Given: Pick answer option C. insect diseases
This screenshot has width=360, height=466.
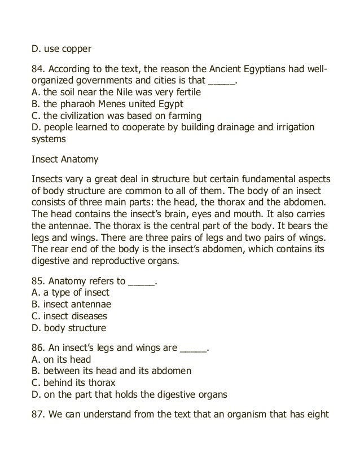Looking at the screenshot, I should coord(69,316).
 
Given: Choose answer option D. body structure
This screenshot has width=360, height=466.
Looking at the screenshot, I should coord(69,328).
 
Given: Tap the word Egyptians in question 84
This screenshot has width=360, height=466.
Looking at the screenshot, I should coord(261,71).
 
